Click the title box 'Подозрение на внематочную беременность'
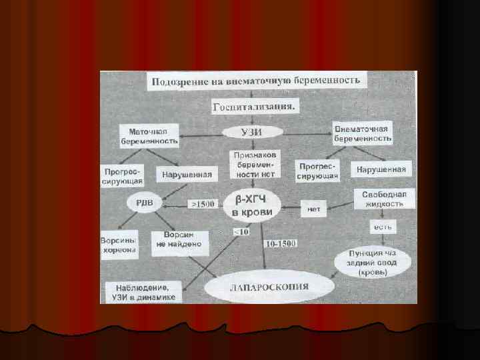(x=256, y=81)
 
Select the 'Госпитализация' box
(x=256, y=107)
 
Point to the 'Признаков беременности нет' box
(x=255, y=163)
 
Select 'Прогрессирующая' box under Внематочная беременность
(x=319, y=171)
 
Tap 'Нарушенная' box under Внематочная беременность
(x=381, y=169)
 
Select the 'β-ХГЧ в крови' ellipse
(x=255, y=205)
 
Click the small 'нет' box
(x=313, y=209)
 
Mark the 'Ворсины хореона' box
(x=119, y=245)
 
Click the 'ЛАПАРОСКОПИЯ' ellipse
(x=269, y=288)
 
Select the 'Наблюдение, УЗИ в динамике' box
(x=143, y=291)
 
